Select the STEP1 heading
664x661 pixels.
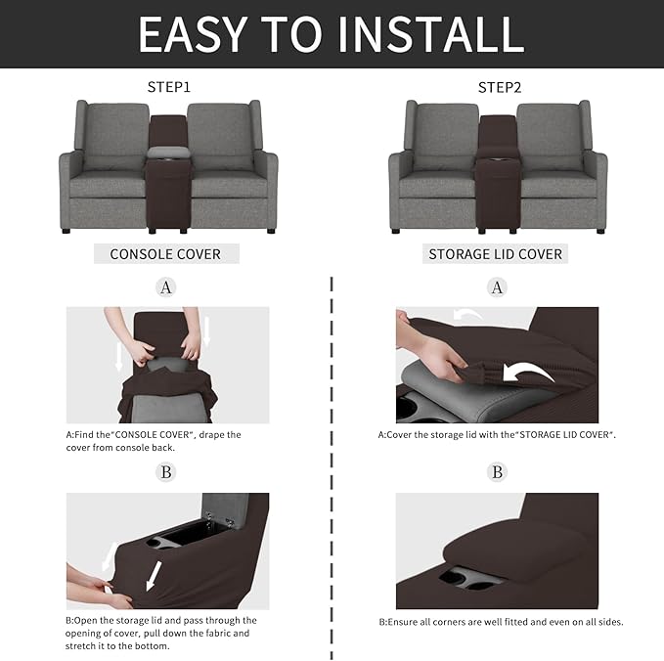pos(168,87)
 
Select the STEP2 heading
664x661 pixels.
pos(499,87)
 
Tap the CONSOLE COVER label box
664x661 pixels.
pos(165,254)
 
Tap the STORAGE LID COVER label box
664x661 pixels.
pos(496,254)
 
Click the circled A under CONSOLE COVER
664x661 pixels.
pos(166,287)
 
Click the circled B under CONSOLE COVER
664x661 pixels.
pos(166,472)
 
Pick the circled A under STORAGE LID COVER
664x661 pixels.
pos(498,287)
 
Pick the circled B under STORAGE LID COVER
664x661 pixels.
pos(498,472)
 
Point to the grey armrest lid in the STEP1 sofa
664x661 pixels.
pos(168,154)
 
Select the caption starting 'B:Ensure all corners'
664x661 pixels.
pos(501,621)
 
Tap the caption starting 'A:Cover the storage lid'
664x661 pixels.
pos(497,435)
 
